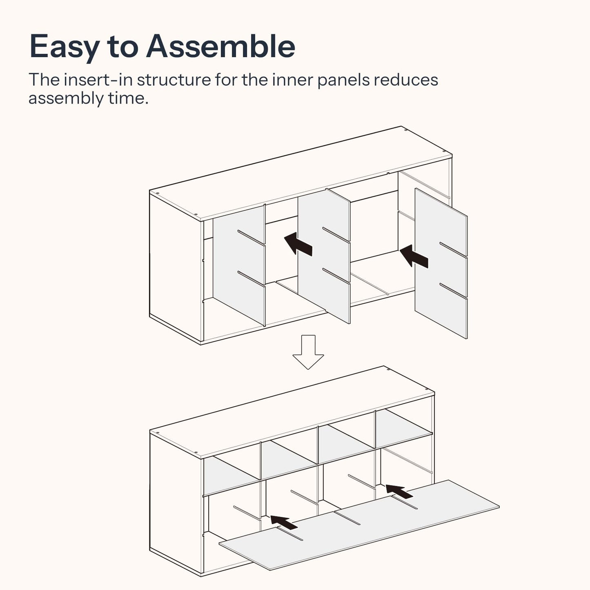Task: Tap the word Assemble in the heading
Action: [221, 46]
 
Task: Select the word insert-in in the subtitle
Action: [98, 80]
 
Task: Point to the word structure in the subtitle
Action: [174, 80]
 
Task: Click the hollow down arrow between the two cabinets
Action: [308, 352]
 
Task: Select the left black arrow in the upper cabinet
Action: [298, 244]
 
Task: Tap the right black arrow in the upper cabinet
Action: [414, 256]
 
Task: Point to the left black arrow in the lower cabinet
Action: [283, 522]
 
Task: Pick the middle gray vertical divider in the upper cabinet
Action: [324, 256]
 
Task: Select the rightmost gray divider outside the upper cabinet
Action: [441, 263]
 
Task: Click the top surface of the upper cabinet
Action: [301, 174]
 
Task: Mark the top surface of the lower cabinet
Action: [292, 412]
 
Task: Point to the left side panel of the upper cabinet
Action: [175, 268]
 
